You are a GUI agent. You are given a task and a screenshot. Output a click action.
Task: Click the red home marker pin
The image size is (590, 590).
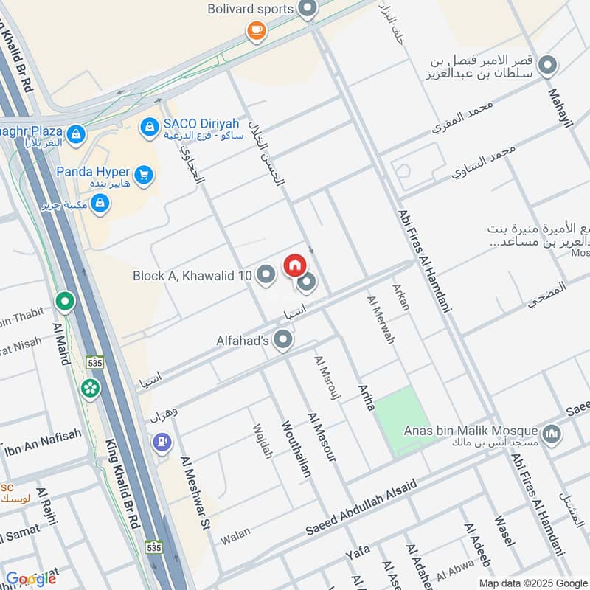click(x=294, y=265)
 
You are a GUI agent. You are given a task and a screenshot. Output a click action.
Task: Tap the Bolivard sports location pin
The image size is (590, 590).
click(x=308, y=10)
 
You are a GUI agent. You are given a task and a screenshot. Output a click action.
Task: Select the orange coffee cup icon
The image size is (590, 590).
click(x=256, y=30)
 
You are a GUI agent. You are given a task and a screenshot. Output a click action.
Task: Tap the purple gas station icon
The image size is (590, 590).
click(x=162, y=443)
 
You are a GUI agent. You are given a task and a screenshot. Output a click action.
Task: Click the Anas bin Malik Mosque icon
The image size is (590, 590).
click(x=551, y=436)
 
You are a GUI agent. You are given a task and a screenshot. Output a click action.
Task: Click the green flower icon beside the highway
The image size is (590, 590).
click(x=91, y=388)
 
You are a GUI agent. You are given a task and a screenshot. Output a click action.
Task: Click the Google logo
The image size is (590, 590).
click(x=31, y=578)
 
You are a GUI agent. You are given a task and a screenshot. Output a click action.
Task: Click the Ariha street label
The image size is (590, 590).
click(x=367, y=397)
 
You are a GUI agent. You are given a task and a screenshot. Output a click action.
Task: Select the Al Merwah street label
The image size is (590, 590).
click(x=381, y=319)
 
